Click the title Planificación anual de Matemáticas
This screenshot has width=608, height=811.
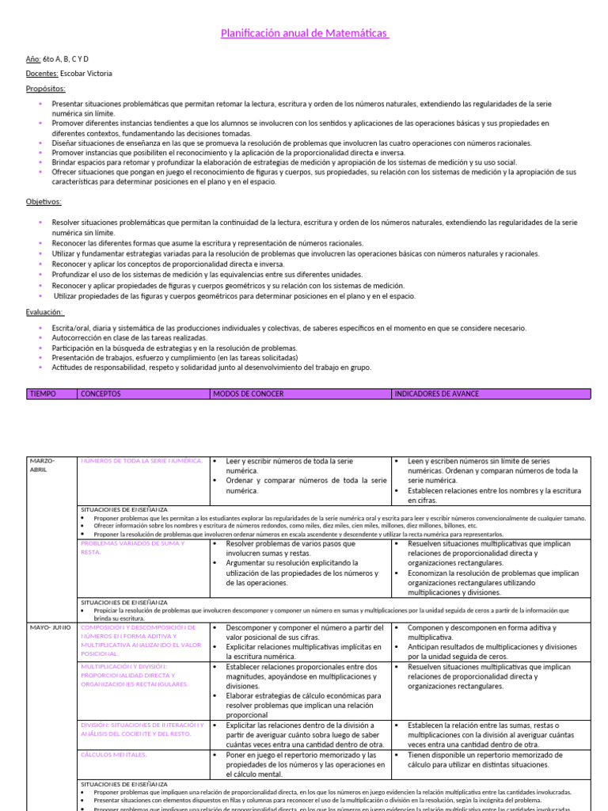(304, 33)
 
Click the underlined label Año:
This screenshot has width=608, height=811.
(33, 59)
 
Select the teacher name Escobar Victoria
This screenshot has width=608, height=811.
(87, 74)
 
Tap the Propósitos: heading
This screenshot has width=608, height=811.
(46, 89)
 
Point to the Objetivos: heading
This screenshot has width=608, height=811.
(44, 202)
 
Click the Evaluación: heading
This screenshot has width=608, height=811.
(45, 312)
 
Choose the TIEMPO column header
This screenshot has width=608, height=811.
(43, 394)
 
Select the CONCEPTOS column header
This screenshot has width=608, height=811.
(101, 394)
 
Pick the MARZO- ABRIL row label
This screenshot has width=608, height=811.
(42, 465)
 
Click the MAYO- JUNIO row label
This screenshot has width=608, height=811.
(51, 627)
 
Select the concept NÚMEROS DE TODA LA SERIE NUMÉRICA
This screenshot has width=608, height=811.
(142, 461)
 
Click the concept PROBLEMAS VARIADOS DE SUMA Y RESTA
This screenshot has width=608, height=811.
(133, 547)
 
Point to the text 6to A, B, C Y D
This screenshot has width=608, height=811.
(71, 59)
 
